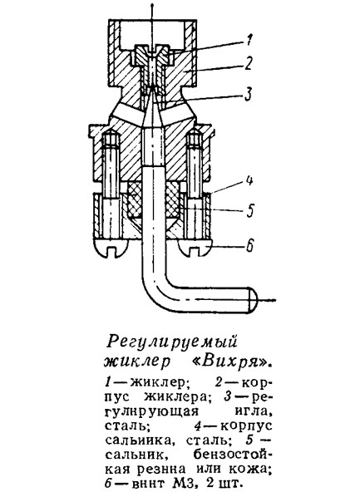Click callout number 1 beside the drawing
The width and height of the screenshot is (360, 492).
coord(249,40)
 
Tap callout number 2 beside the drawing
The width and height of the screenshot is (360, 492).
coord(249,63)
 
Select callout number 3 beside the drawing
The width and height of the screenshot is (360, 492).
coord(248,94)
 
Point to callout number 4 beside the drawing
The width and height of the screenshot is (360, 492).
coord(249,181)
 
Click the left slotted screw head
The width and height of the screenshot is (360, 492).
coord(111,248)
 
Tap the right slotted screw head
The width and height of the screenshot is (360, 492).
coord(195,247)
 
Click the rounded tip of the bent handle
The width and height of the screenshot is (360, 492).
coord(252,300)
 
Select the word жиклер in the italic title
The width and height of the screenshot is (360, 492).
coord(137,362)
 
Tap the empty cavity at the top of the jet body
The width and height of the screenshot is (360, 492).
coord(152,33)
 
